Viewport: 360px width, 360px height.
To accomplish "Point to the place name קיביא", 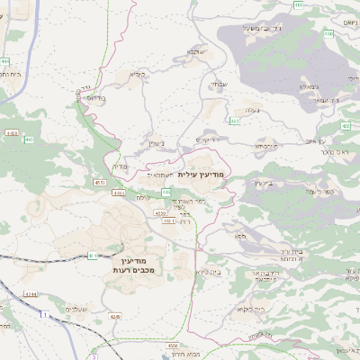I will click(137, 75).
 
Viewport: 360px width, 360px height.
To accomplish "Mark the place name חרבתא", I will click(264, 144).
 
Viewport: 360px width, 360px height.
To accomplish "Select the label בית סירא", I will click(208, 270).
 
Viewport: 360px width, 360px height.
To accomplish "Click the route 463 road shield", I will click(235, 121).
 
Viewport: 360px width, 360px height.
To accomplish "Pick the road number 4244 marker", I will click(30, 293).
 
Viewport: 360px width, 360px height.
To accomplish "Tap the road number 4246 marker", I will click(114, 316).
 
